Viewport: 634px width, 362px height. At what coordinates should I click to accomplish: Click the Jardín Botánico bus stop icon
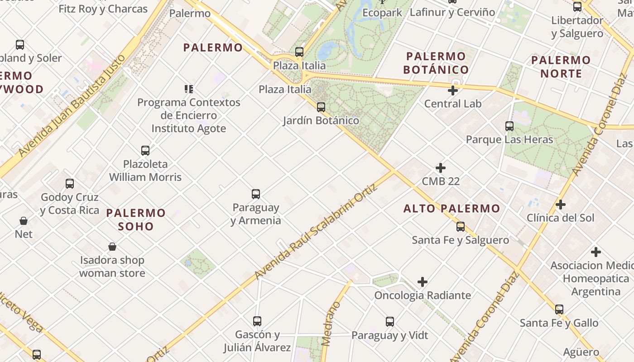[x=321, y=107]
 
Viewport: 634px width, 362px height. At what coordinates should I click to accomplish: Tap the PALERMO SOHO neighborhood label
[x=136, y=219]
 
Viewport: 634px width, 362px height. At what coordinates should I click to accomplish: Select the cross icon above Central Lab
[x=452, y=90]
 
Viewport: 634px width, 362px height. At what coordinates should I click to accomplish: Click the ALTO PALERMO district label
[x=451, y=209]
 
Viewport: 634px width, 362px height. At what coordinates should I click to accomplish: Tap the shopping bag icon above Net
[x=24, y=221]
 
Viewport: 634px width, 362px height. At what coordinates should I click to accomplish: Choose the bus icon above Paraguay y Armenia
[x=256, y=194]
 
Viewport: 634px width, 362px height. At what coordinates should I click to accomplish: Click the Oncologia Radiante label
[x=423, y=295]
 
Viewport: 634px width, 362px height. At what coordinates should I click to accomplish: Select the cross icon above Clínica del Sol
[x=561, y=205]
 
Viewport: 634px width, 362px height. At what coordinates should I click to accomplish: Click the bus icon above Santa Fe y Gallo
[x=559, y=310]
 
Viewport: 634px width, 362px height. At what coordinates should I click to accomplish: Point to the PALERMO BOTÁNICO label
[x=436, y=63]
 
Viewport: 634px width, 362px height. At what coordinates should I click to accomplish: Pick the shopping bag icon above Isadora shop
[x=112, y=247]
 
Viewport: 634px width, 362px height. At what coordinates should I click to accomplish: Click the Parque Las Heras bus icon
[x=509, y=126]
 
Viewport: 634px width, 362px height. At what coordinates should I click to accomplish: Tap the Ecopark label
[x=382, y=13]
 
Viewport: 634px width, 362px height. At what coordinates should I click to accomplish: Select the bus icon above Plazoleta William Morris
[x=145, y=151]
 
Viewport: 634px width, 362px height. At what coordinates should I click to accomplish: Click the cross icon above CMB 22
[x=441, y=168]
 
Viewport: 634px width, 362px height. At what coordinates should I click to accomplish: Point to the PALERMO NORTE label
[x=561, y=67]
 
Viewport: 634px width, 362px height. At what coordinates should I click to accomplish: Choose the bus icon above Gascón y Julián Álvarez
[x=257, y=321]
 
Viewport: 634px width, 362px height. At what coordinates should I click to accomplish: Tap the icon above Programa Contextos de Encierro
[x=189, y=89]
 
